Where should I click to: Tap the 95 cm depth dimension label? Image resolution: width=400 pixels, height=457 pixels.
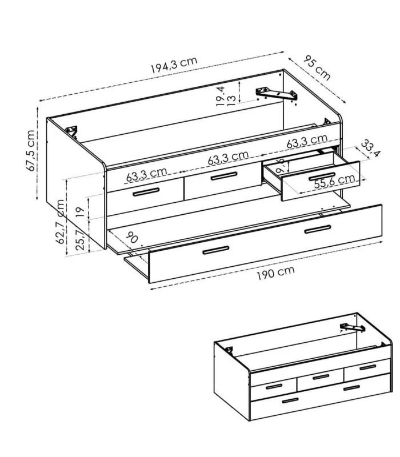(x=317, y=66)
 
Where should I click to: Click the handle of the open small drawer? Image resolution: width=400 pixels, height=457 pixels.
(x=322, y=175)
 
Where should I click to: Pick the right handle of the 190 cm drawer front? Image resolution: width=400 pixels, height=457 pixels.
(x=317, y=230)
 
